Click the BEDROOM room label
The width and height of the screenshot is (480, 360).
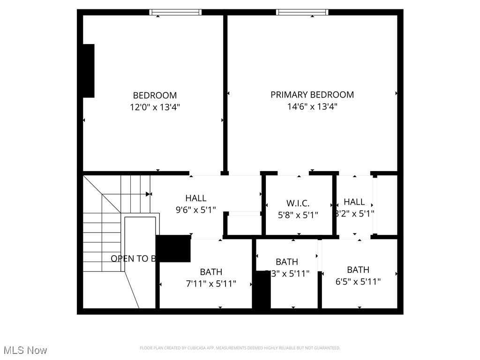point(155,96)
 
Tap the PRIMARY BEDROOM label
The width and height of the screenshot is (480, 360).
point(312,95)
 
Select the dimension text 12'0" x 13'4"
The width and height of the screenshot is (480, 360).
point(155,107)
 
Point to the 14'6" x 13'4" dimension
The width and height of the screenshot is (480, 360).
point(312,106)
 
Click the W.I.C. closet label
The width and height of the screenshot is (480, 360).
point(298,203)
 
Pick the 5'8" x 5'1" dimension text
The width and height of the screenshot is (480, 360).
point(298,215)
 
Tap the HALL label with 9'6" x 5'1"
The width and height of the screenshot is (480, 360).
point(195,198)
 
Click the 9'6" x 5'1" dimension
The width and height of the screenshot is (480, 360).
point(195,210)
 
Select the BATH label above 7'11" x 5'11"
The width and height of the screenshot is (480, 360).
point(211,272)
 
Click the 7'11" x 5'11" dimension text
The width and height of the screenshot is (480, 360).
point(211,284)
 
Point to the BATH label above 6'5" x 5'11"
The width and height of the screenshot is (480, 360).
point(358,270)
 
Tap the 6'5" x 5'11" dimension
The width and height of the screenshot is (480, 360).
point(358,282)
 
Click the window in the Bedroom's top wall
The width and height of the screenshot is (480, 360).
point(176,12)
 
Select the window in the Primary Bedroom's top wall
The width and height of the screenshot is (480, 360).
point(302,12)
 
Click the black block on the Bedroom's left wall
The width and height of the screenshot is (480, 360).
point(89,71)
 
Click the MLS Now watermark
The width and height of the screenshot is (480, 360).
point(25,350)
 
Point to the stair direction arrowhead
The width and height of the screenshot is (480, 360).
point(149,194)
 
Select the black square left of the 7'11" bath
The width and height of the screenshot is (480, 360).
point(173,248)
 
